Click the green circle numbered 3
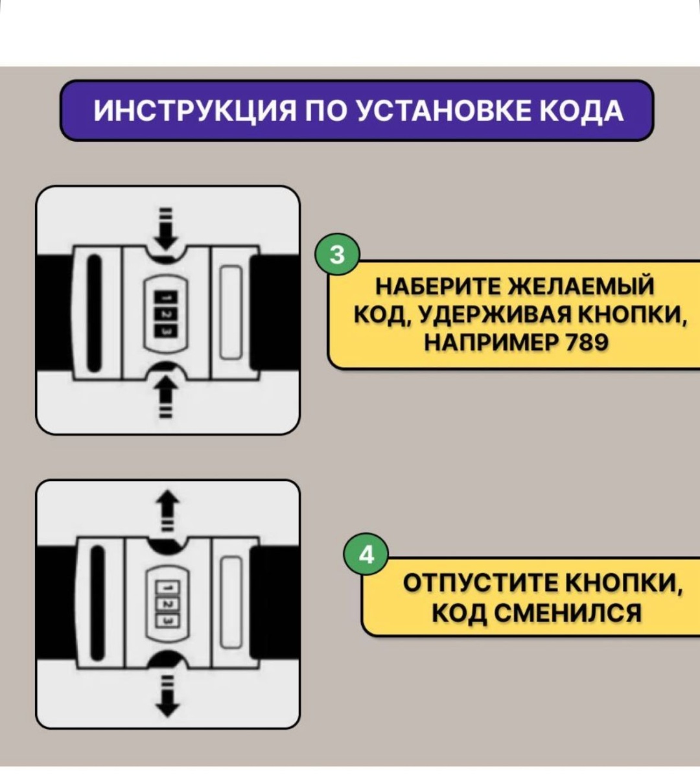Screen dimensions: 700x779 click(337, 254)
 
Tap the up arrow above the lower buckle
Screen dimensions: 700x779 click(166, 511)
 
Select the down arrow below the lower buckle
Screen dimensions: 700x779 click(166, 696)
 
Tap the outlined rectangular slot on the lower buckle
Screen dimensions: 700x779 click(231, 603)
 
